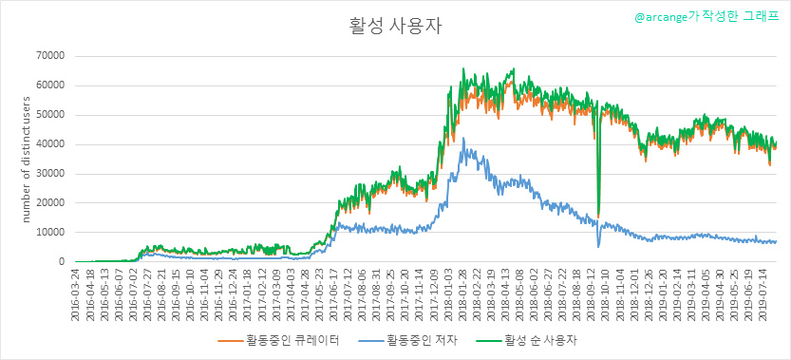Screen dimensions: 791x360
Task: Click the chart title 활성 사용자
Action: (x=395, y=27)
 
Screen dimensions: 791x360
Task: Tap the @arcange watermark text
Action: (x=706, y=17)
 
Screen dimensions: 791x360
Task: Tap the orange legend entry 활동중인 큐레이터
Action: (x=278, y=341)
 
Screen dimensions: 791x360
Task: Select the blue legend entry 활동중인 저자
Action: (x=408, y=341)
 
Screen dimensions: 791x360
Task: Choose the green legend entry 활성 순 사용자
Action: (x=527, y=341)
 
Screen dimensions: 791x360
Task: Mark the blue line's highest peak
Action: (x=463, y=138)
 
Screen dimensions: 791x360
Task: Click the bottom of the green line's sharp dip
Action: (x=598, y=214)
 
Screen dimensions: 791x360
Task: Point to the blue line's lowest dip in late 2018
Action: (x=598, y=247)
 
